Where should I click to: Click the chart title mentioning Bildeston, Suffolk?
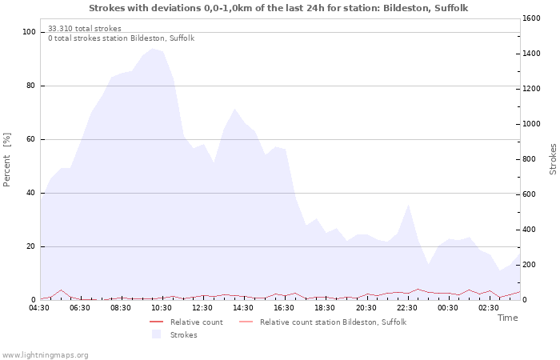pyautogui.click(x=278, y=8)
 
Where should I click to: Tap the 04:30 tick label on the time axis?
pyautogui.click(x=40, y=307)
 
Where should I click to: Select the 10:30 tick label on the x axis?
pyautogui.click(x=162, y=307)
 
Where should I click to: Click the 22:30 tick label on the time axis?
pyautogui.click(x=407, y=307)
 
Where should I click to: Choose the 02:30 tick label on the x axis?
pyautogui.click(x=489, y=307)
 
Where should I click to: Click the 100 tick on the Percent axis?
pyautogui.click(x=30, y=32)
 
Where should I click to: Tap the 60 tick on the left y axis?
pyautogui.click(x=32, y=139)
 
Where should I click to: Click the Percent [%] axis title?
pyautogui.click(x=7, y=160)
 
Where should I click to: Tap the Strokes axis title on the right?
pyautogui.click(x=553, y=159)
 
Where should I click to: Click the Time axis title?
pyautogui.click(x=507, y=318)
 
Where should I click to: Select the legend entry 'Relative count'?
pyautogui.click(x=196, y=322)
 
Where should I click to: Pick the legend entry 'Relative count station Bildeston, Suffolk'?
pyautogui.click(x=333, y=322)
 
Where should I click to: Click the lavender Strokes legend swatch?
pyautogui.click(x=157, y=334)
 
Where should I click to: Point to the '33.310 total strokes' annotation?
pyautogui.click(x=85, y=29)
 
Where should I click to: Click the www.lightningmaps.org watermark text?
pyautogui.click(x=45, y=354)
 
